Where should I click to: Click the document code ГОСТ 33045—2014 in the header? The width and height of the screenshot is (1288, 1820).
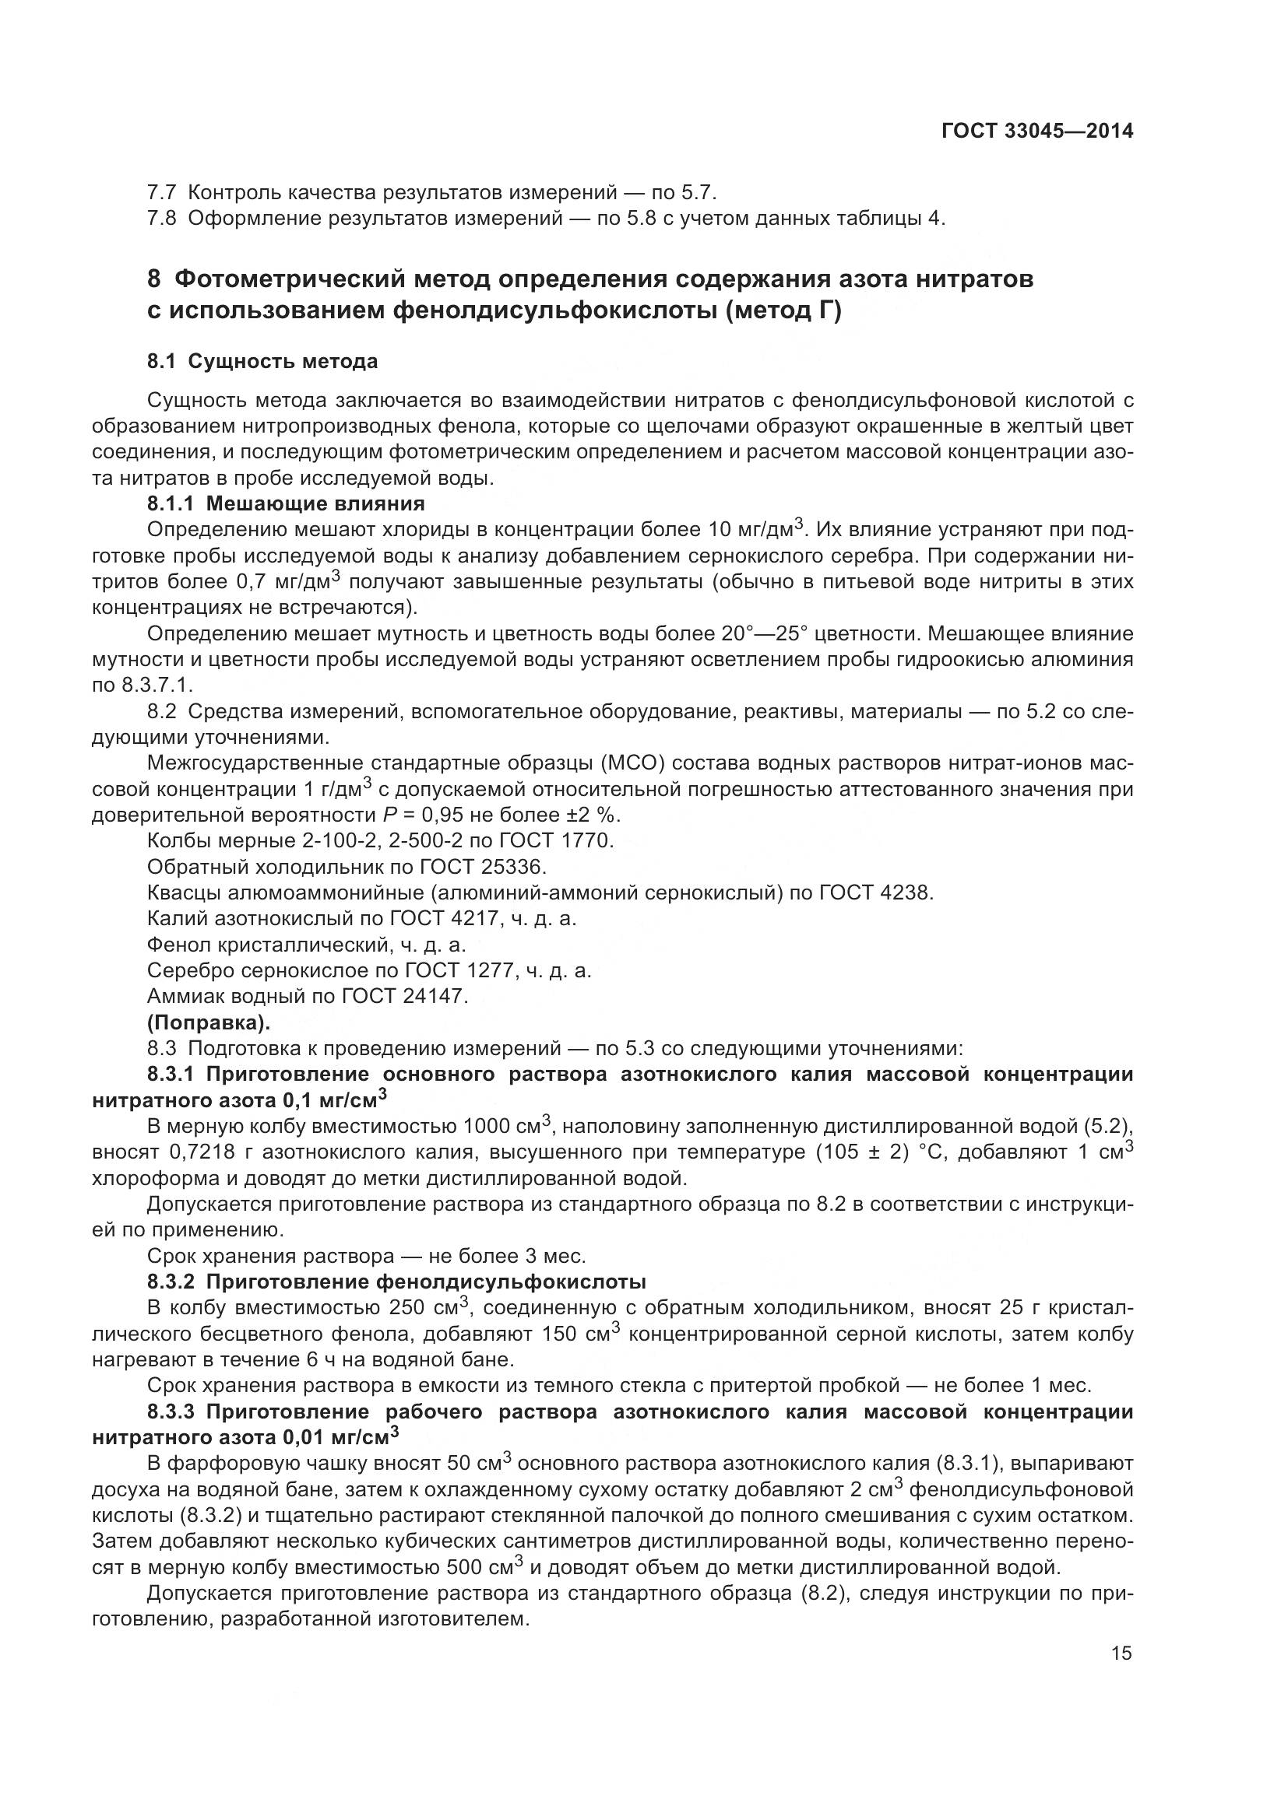[x=1036, y=132]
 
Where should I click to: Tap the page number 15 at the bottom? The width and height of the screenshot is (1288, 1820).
[x=1121, y=1653]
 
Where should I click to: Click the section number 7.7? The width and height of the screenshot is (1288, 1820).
[x=162, y=193]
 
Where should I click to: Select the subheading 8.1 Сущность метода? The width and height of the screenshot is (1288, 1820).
[x=262, y=363]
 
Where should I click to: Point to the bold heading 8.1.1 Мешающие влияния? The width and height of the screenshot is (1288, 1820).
[x=286, y=503]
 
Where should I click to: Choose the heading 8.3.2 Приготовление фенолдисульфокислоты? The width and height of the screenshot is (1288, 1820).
[x=396, y=1282]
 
